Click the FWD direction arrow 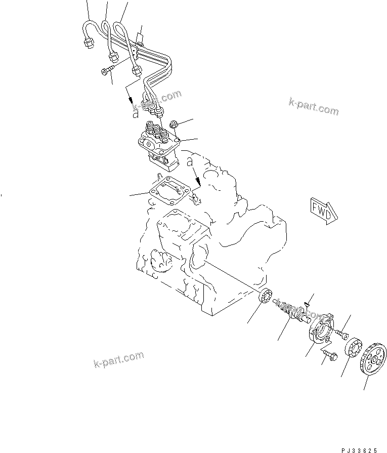320,211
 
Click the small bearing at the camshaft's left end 266,297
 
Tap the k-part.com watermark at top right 313,108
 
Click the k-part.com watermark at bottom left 118,361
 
